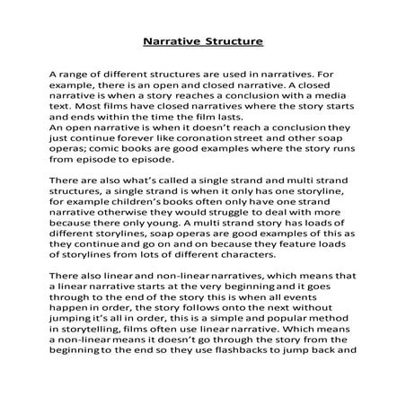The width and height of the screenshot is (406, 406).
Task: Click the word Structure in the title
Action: coord(232,41)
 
